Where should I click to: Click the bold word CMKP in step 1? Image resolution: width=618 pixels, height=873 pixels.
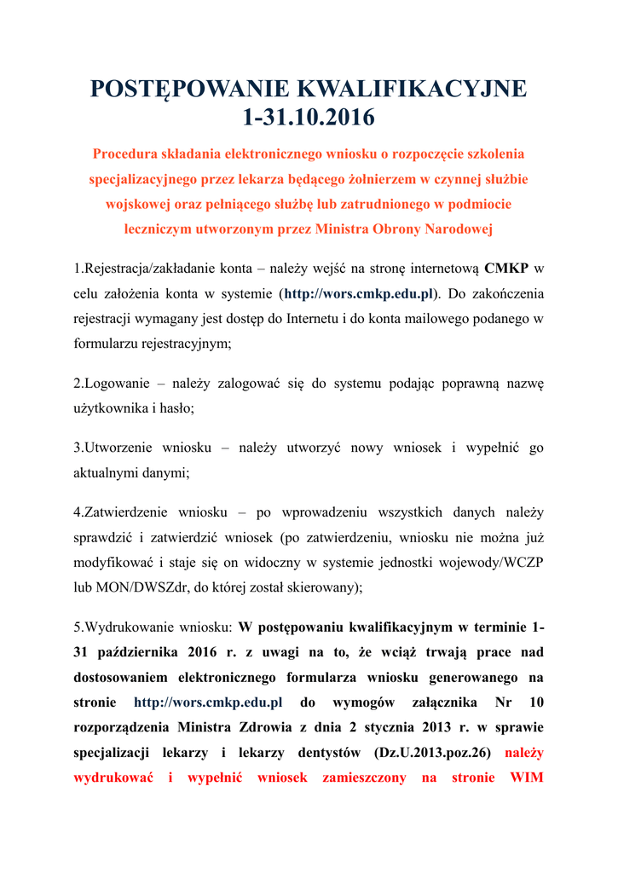[506, 269]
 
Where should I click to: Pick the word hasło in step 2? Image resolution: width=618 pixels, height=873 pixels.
[176, 408]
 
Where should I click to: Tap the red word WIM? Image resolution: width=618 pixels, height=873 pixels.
[527, 778]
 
